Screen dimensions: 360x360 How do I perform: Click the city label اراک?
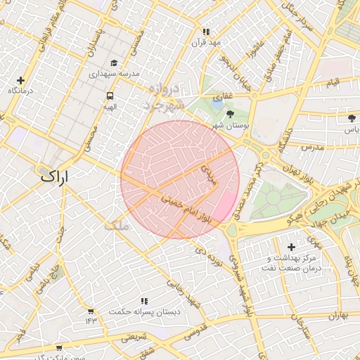56,176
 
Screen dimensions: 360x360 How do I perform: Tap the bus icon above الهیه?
110,96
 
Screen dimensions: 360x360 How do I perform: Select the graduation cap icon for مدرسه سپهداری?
115,63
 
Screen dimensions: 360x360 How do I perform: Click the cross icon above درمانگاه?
20,81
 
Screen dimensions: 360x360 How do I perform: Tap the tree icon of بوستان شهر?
230,113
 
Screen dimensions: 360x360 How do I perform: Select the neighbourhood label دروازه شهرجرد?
162,98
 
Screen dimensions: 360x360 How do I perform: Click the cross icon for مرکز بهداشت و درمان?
291,247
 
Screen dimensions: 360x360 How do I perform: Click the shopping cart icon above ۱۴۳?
90,311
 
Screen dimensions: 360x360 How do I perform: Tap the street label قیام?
332,83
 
